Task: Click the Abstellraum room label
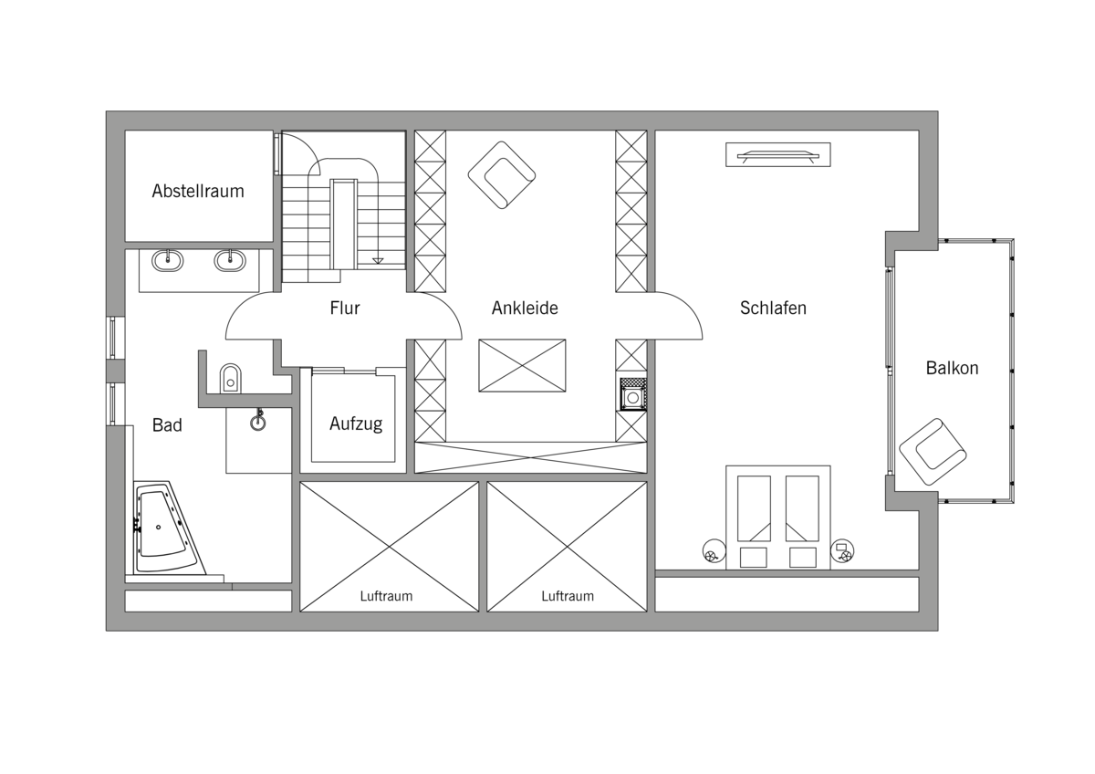pos(198,191)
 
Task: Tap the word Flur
pos(345,308)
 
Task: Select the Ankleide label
pos(525,308)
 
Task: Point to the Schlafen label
pos(773,308)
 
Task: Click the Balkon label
pos(952,368)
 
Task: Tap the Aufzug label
pos(356,424)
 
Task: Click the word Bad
pos(167,425)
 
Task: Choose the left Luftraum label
pos(386,596)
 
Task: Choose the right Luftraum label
pos(568,596)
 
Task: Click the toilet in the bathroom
pos(230,378)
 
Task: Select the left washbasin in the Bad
pos(168,260)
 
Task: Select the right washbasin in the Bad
pos(230,260)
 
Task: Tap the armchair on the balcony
pos(933,452)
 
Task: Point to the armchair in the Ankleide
pos(502,175)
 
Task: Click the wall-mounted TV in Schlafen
pos(777,154)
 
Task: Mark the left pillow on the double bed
pos(753,558)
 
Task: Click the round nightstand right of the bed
pos(842,551)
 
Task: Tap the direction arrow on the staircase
pos(378,261)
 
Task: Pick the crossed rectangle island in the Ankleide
pos(522,365)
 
